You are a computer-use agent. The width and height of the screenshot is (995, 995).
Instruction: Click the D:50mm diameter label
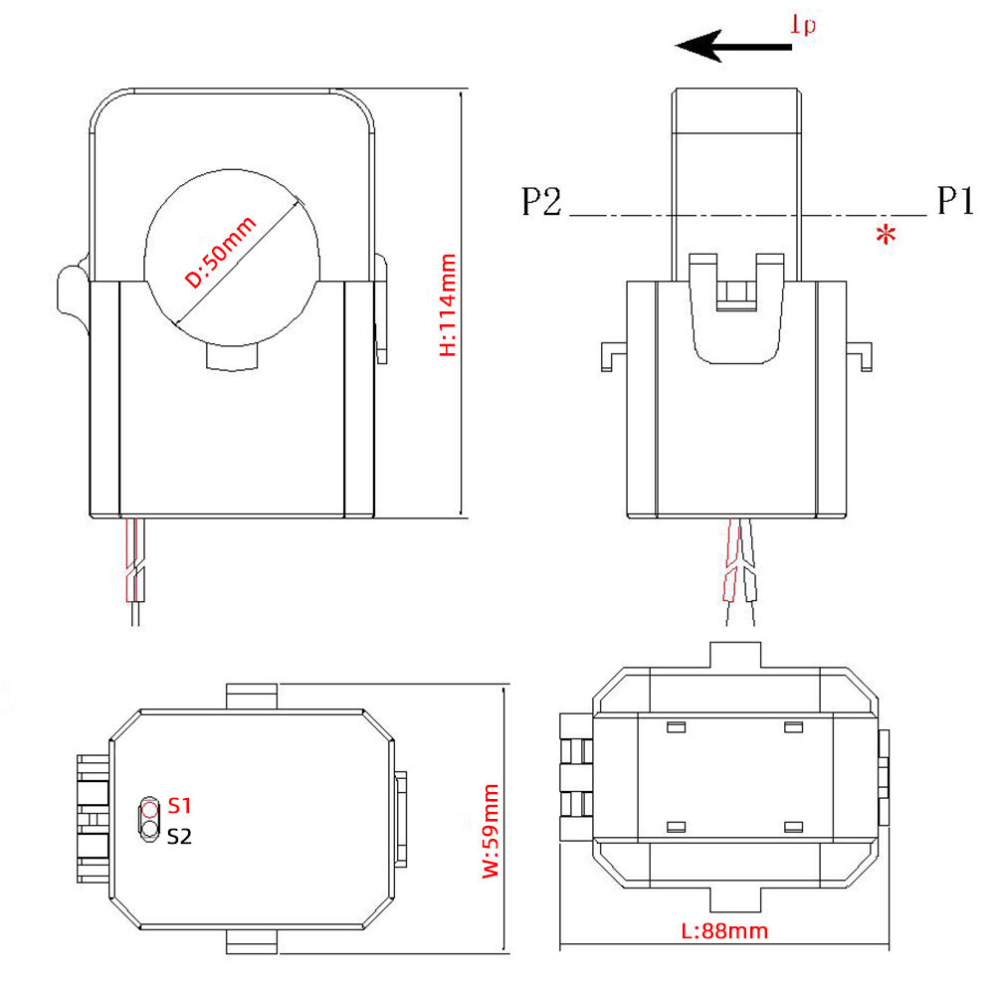point(221,253)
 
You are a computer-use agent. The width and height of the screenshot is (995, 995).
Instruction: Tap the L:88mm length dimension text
point(724,931)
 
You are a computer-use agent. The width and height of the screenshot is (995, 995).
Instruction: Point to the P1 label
point(953,202)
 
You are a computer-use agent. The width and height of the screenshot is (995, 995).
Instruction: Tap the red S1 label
point(180,804)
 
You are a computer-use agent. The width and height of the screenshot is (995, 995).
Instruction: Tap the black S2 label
point(179,836)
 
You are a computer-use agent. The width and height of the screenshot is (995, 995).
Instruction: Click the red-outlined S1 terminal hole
point(150,807)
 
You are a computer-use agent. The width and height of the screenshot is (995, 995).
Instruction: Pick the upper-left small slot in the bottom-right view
point(676,727)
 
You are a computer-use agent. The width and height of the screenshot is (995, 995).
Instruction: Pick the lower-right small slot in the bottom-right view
point(793,827)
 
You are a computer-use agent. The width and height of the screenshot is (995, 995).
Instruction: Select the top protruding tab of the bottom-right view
point(735,656)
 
